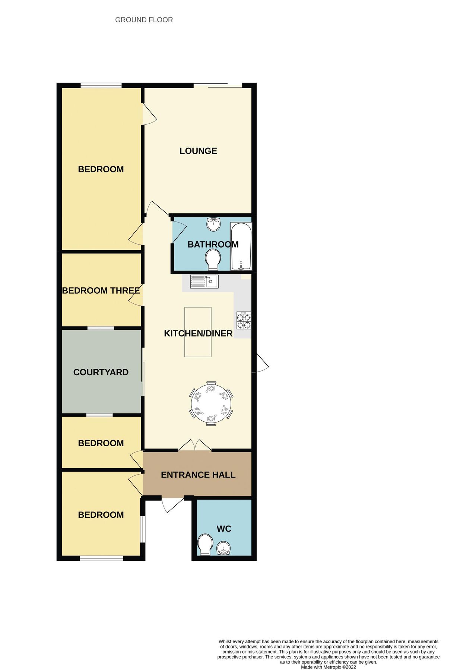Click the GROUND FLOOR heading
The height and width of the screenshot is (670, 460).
coord(144,20)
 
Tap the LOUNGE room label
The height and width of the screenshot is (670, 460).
coord(198,151)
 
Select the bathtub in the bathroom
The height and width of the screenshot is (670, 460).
coord(241,246)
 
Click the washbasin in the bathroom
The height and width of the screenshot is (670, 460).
coord(213,224)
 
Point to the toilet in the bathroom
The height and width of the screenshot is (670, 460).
coord(213,259)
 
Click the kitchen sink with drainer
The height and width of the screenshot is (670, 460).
coord(204,281)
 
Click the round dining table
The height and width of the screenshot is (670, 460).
coord(211,403)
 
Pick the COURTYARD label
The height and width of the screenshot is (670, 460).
coord(101,372)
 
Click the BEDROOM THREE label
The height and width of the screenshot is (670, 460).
coord(101,290)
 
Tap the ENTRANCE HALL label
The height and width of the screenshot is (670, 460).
coord(198,475)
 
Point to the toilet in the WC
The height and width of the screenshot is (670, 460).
coord(205,545)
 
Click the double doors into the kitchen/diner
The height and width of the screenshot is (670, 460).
coord(194,446)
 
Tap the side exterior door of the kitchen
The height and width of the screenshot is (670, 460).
coord(261,363)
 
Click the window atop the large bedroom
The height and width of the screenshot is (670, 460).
coord(101,86)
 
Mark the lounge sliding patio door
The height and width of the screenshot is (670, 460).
coord(218,85)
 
